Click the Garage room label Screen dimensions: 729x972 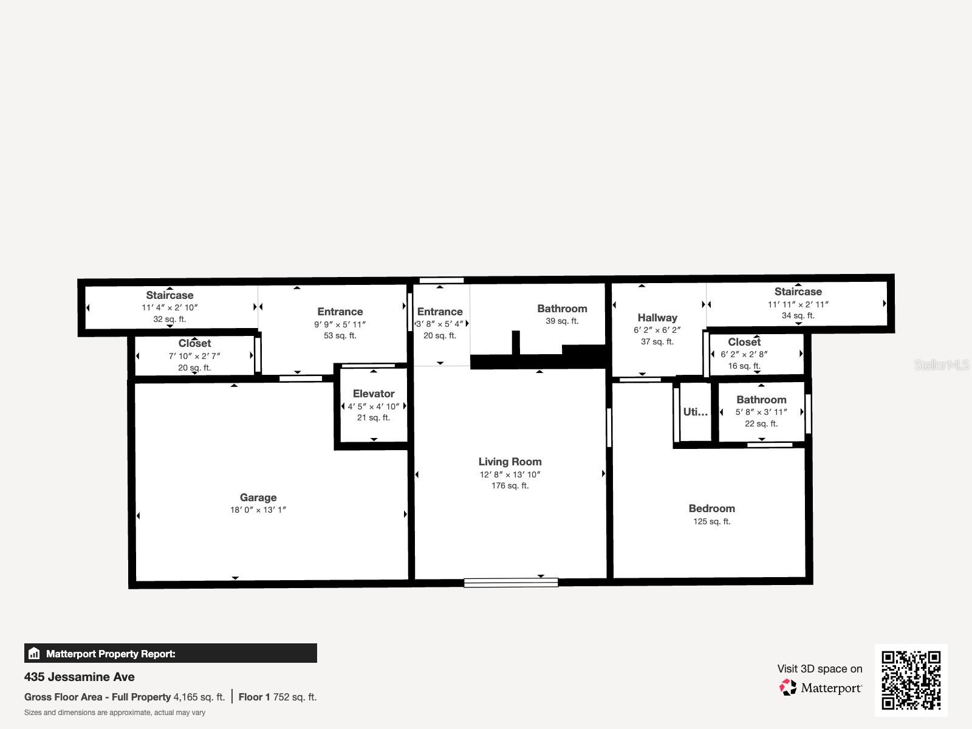[258, 498]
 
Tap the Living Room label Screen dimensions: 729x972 [510, 462]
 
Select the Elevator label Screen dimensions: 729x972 [374, 394]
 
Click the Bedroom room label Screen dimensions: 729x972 [711, 508]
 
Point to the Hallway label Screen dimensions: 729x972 [657, 318]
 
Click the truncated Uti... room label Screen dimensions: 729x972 [695, 412]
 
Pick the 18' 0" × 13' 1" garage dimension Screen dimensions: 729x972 [258, 510]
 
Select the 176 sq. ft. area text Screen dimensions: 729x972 [510, 486]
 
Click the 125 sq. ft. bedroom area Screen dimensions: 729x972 [711, 522]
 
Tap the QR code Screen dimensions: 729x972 [911, 680]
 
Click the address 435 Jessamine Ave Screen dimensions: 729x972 [80, 677]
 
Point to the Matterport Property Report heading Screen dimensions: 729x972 [111, 654]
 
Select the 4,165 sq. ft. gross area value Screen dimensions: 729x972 [199, 697]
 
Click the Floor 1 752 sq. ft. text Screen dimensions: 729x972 [278, 697]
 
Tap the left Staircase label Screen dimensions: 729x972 [169, 296]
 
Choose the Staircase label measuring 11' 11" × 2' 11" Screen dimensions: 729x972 [798, 292]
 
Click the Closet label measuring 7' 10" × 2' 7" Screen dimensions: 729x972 [194, 344]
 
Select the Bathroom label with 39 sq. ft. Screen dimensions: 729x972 [562, 309]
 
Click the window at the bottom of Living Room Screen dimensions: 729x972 [511, 583]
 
